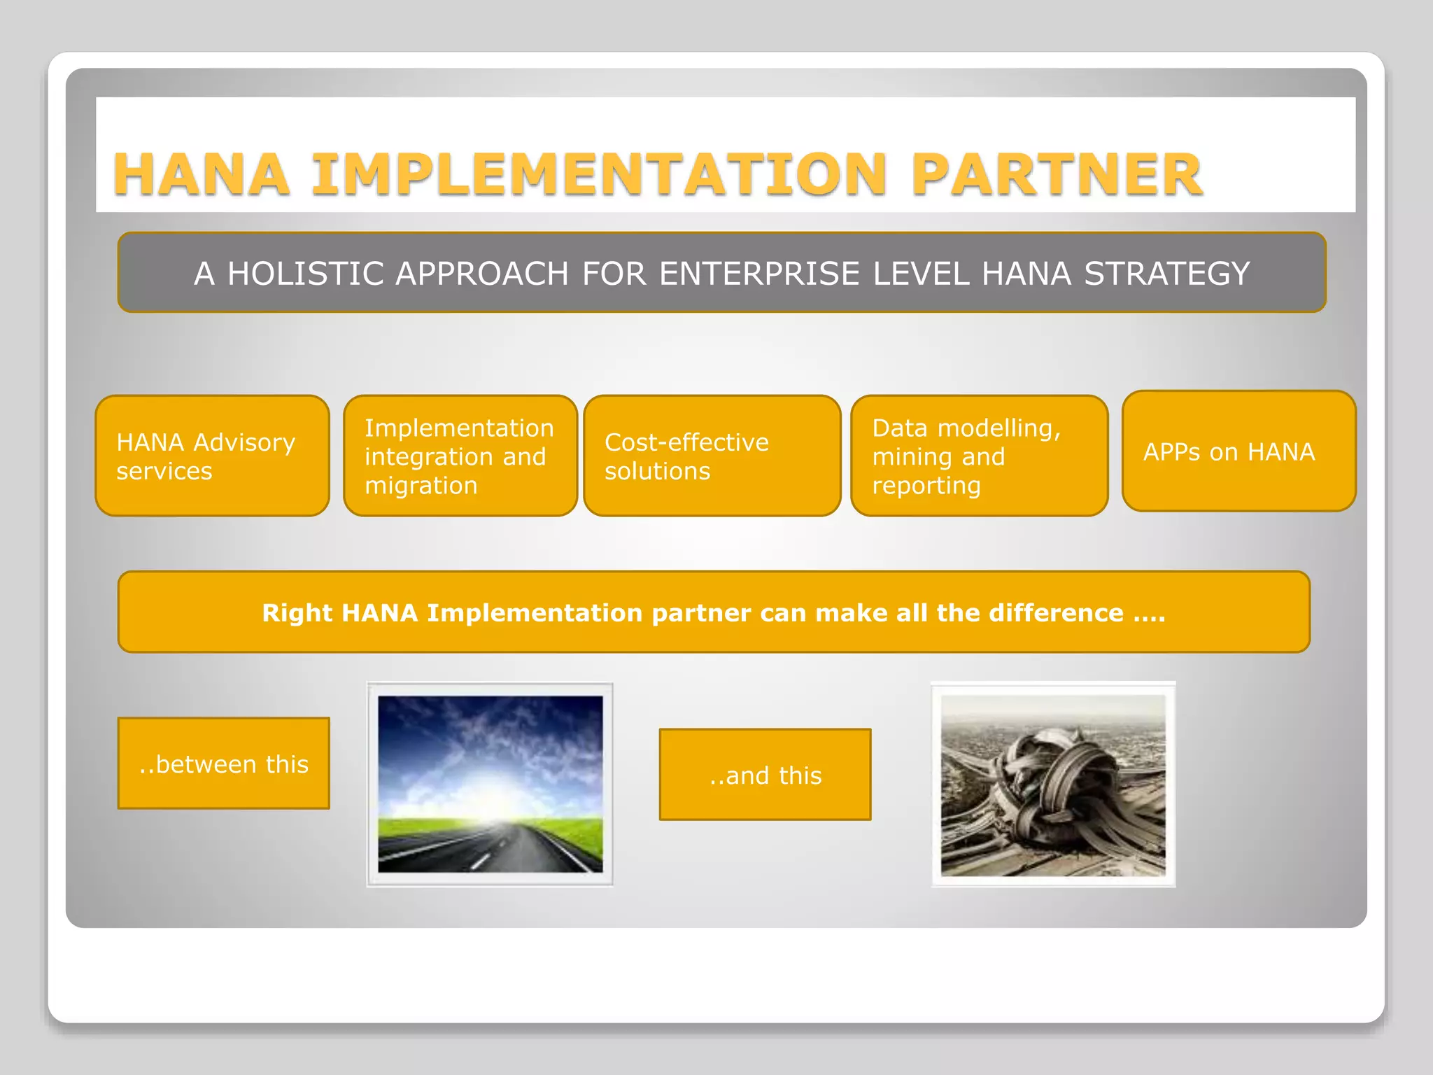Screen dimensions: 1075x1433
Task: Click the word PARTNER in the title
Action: click(x=1057, y=174)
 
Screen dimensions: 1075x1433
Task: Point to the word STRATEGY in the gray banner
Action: click(x=1166, y=274)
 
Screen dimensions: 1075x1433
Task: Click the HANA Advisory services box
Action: click(x=212, y=456)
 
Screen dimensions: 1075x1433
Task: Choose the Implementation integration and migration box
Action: click(x=460, y=456)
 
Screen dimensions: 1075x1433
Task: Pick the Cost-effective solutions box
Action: click(x=712, y=456)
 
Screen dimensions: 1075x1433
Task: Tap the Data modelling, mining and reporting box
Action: click(x=979, y=456)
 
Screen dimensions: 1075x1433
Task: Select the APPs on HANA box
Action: click(x=1238, y=451)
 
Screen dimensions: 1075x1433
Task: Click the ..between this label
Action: click(x=223, y=764)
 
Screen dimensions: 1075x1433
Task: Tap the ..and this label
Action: click(x=765, y=775)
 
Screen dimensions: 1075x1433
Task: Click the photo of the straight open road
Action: click(x=490, y=784)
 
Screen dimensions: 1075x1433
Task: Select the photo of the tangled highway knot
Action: click(x=1053, y=784)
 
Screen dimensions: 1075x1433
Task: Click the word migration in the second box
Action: click(x=421, y=486)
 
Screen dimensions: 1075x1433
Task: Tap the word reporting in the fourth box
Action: click(x=926, y=486)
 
